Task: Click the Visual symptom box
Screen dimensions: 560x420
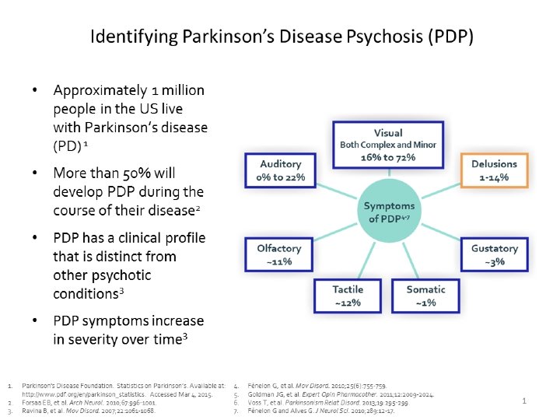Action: [x=388, y=145]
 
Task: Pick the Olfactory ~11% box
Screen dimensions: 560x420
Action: [x=278, y=254]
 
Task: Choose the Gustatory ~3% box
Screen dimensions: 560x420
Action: [x=494, y=255]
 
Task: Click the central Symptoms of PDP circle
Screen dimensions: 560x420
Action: [x=389, y=212]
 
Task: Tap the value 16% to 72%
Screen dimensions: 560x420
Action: [x=389, y=158]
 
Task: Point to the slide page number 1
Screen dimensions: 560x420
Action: [x=524, y=401]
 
